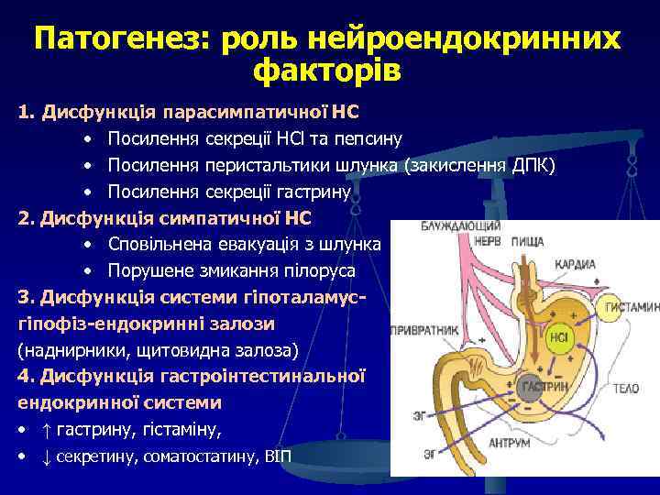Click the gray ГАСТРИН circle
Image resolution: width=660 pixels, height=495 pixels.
(539, 388)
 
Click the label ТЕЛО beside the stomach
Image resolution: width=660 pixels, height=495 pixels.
(627, 390)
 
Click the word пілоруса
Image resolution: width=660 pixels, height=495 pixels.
(320, 271)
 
